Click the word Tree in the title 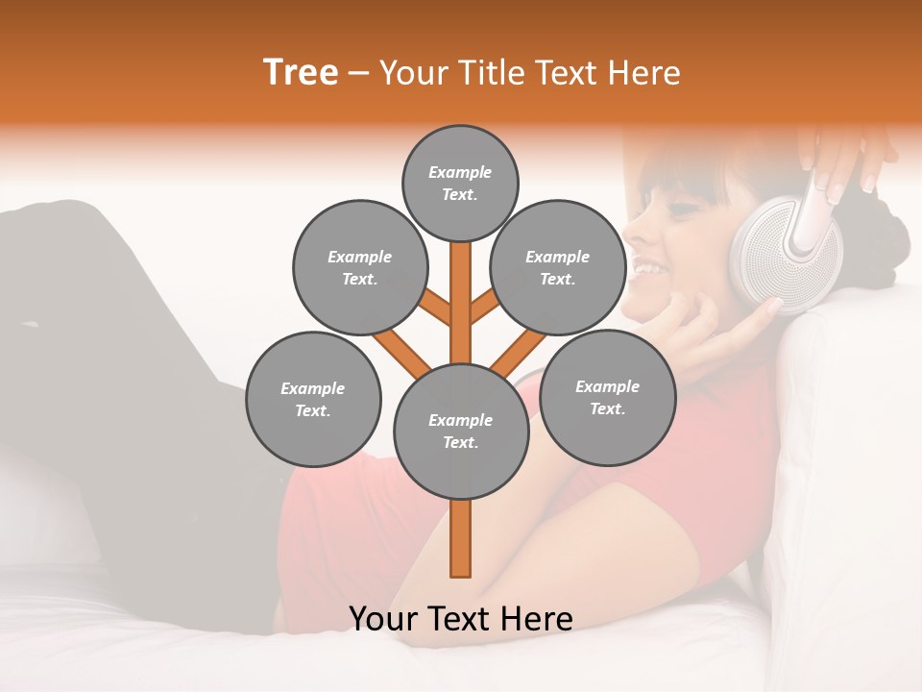[301, 73]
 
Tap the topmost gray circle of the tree [460, 183]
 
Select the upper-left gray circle [359, 268]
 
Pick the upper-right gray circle [557, 268]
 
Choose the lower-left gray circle [313, 399]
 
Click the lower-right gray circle [607, 397]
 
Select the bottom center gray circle [461, 431]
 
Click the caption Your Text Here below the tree [461, 619]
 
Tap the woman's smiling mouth [649, 268]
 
